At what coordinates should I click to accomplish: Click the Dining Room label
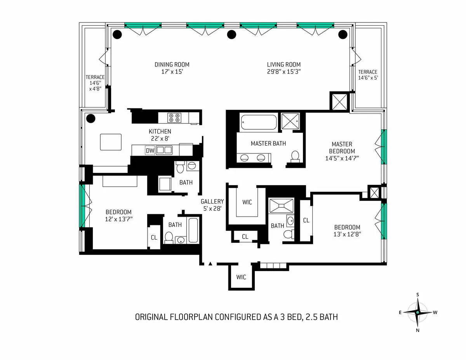click(x=172, y=64)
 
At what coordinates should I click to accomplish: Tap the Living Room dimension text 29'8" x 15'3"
click(x=283, y=72)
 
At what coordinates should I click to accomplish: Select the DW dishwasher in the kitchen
click(x=150, y=150)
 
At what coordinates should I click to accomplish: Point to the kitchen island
click(x=111, y=142)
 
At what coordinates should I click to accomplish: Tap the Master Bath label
click(x=268, y=143)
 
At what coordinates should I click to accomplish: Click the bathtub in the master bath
click(x=259, y=122)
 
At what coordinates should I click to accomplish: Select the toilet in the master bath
click(x=295, y=156)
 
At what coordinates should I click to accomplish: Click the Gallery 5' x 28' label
click(x=212, y=205)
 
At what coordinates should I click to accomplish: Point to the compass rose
click(x=417, y=312)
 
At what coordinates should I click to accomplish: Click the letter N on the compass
click(x=417, y=330)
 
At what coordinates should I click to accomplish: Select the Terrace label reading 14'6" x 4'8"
click(x=95, y=83)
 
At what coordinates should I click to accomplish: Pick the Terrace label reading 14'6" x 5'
click(x=367, y=75)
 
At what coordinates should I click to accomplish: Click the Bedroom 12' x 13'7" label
click(x=118, y=215)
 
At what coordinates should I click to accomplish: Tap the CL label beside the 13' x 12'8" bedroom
click(x=306, y=220)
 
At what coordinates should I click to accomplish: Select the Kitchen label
click(x=160, y=132)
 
